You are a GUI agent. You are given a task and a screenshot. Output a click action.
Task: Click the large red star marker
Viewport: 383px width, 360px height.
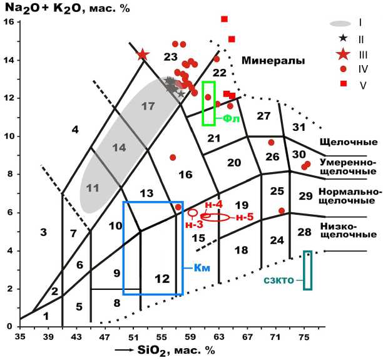(143, 54)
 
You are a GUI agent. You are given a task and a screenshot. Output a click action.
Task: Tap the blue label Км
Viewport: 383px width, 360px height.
(200, 268)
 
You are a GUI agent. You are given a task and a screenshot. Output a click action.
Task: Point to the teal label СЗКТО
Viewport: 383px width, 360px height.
(281, 280)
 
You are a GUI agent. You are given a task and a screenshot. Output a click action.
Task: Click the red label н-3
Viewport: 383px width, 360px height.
(194, 224)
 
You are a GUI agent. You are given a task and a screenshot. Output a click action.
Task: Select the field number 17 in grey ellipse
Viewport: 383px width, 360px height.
(148, 106)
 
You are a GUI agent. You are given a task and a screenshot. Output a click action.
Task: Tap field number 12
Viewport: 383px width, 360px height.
(162, 279)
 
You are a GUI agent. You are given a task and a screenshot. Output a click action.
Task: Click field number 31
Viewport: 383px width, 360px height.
(299, 128)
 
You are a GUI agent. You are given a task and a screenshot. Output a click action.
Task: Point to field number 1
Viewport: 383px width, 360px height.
(45, 317)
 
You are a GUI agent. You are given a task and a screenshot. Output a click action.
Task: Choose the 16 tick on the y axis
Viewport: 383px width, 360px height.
(9, 23)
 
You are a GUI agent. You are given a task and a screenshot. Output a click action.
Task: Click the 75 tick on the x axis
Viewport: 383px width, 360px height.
(305, 337)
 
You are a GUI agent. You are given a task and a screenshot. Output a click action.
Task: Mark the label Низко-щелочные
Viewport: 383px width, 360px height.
(348, 229)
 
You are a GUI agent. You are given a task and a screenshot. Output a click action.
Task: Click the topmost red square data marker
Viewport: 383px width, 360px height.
(225, 19)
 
